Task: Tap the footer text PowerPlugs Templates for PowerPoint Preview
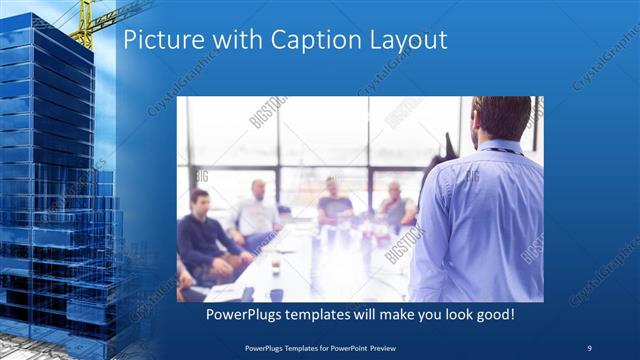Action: pos(320,348)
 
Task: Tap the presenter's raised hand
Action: pos(444,150)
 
